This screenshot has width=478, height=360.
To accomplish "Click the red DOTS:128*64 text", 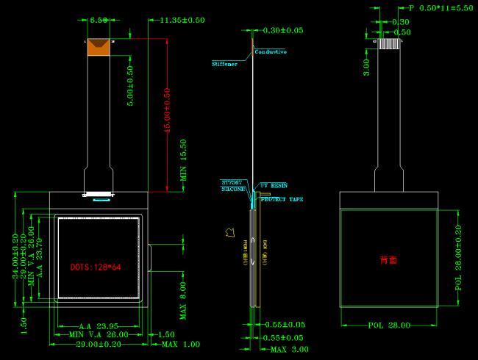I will [96, 267].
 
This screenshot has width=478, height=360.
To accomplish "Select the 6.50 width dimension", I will [99, 20].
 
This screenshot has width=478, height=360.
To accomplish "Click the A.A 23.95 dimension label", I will [99, 325].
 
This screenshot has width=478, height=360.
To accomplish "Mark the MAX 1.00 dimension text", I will [180, 344].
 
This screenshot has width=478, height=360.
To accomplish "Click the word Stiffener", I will [225, 65].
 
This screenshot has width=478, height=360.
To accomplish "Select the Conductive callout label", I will [271, 52].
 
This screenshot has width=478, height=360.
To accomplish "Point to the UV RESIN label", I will [274, 185].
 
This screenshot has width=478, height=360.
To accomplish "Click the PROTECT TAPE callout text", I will [281, 199].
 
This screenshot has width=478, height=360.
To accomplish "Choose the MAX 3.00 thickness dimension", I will [289, 349].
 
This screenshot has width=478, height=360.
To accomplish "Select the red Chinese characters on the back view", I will [388, 260].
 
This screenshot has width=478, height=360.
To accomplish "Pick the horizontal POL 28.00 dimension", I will [388, 324].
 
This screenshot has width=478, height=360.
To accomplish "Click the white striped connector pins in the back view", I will [389, 43].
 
